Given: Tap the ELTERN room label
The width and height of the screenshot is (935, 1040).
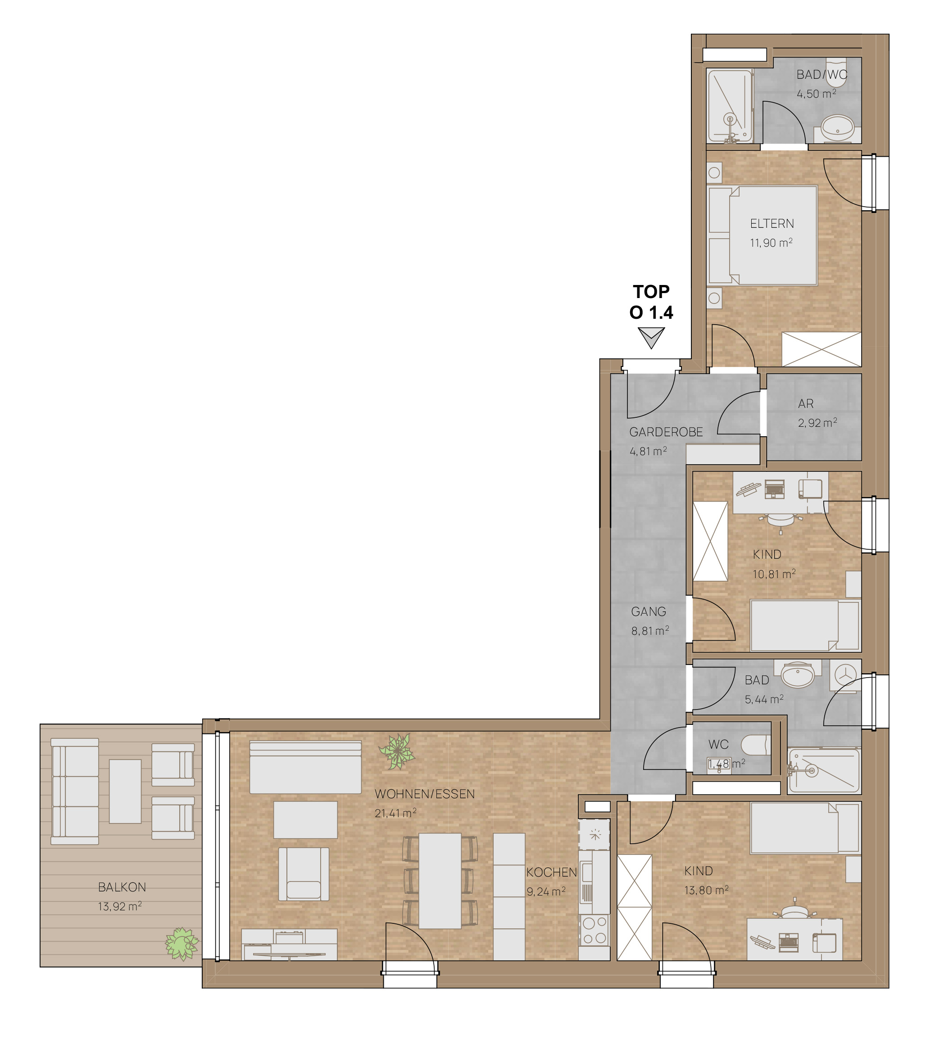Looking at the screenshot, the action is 772,224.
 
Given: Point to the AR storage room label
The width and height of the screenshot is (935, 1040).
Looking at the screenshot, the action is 806,404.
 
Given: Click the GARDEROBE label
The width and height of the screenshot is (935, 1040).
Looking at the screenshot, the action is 666,433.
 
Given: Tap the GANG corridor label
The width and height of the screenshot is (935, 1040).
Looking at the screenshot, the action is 649,612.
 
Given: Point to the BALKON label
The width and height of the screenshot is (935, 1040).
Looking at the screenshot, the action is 122,887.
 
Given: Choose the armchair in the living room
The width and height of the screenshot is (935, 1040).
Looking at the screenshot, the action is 304,873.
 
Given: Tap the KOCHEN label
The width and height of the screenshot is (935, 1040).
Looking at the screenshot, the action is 551,873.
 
